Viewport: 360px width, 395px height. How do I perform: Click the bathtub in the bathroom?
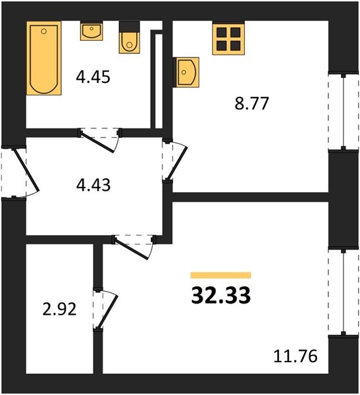(x=44, y=58)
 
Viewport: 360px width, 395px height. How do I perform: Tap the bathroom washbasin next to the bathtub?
(x=91, y=31)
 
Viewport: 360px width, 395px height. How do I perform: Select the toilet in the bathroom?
(x=129, y=38)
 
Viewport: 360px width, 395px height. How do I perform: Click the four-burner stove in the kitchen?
(x=228, y=38)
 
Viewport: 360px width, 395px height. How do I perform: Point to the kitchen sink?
(x=186, y=72)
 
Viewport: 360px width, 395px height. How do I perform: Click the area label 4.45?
(x=93, y=77)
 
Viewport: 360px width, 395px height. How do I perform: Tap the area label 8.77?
(x=251, y=103)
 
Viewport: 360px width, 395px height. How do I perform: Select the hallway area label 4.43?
(x=93, y=185)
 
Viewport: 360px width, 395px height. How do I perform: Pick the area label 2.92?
(x=59, y=309)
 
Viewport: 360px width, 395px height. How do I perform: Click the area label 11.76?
(x=296, y=356)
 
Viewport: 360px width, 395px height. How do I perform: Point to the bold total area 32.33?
(x=220, y=295)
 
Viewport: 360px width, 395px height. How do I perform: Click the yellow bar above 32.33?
(x=220, y=275)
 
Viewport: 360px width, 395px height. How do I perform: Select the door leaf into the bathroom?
(x=98, y=142)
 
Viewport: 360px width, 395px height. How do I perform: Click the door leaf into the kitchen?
(x=178, y=163)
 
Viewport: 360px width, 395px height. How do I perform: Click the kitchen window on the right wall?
(x=343, y=112)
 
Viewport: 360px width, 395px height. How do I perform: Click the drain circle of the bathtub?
(x=44, y=31)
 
